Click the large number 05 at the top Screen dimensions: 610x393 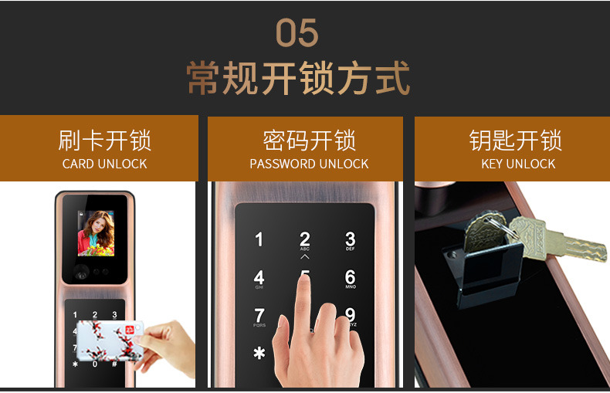point(297,32)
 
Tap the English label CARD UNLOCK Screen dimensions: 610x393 point(105,164)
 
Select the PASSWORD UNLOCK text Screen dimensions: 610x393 point(309,164)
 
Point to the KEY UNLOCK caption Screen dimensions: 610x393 point(518,164)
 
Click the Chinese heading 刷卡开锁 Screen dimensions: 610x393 point(105,141)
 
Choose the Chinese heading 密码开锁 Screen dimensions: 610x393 point(310,141)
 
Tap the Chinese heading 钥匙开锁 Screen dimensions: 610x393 point(516,141)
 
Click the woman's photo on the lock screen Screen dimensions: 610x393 point(96,233)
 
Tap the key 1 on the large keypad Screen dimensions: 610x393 point(259,239)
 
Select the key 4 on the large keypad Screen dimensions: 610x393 point(259,279)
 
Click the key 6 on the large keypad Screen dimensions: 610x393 point(350,279)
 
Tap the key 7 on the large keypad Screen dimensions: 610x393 point(259,317)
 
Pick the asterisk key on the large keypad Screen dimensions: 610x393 point(259,353)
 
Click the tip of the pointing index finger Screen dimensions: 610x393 point(304,278)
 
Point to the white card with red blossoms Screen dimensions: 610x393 point(110,340)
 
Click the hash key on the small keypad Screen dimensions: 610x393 point(114,364)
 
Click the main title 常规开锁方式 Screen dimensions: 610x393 point(298,78)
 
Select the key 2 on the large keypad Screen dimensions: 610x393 point(305,241)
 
